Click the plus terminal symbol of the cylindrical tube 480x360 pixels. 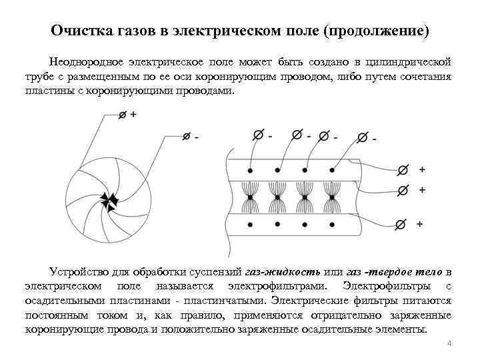pyautogui.click(x=121, y=115)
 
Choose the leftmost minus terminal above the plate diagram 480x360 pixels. pyautogui.click(x=257, y=135)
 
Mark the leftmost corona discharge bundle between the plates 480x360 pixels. pyautogui.click(x=249, y=197)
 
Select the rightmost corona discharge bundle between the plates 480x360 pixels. pyautogui.click(x=331, y=197)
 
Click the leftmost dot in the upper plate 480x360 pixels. pyautogui.click(x=249, y=170)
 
